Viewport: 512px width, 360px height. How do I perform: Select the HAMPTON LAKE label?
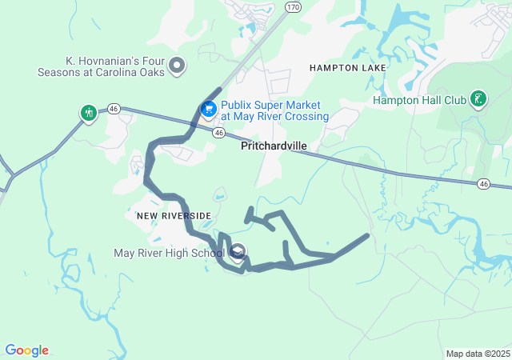click(x=347, y=68)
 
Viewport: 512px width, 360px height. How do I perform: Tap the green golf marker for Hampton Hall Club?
click(x=478, y=99)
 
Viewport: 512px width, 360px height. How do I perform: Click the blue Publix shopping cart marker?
click(x=209, y=108)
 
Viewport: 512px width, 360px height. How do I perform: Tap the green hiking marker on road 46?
click(x=87, y=114)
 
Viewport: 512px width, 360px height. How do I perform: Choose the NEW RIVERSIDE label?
click(x=174, y=216)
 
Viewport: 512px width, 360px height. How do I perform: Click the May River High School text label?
click(x=169, y=254)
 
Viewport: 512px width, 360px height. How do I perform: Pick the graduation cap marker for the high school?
click(x=238, y=254)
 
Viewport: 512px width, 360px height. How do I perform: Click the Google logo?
click(x=26, y=350)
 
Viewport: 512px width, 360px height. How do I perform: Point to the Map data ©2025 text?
click(x=478, y=354)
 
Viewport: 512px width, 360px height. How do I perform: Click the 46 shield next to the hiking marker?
click(x=114, y=108)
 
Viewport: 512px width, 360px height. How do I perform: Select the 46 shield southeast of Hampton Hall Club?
click(x=483, y=184)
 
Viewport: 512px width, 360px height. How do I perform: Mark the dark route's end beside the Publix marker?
click(x=219, y=90)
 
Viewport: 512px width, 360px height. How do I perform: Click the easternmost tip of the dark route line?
click(x=367, y=235)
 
